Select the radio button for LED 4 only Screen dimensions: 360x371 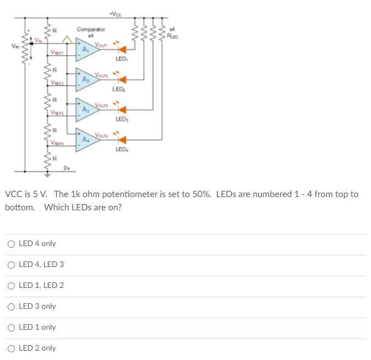tap(11, 243)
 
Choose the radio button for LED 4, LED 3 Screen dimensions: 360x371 tap(11, 264)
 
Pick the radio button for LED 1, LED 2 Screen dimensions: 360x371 tap(11, 285)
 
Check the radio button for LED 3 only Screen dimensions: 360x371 tap(11, 306)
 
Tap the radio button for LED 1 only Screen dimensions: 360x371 tap(11, 327)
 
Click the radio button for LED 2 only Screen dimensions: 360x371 tap(11, 348)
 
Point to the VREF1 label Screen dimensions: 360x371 tap(57, 52)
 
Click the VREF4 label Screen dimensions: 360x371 tap(57, 143)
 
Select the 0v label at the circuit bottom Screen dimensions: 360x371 tap(66, 168)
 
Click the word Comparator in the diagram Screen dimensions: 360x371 tap(91, 29)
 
